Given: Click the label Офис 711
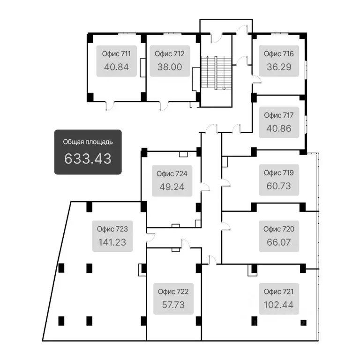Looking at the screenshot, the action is tap(116, 54).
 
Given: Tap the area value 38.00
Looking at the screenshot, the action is tap(170, 67).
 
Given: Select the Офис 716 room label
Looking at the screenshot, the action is tap(279, 54).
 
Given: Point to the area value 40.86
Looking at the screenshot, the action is tap(279, 128).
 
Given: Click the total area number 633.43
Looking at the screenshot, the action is tap(88, 158).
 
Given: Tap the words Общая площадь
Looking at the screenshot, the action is tap(88, 142).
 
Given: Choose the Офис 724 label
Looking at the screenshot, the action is tap(172, 174).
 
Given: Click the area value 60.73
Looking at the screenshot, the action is tap(279, 186).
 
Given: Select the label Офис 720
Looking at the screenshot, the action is tap(279, 229).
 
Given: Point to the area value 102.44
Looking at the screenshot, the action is tap(279, 305).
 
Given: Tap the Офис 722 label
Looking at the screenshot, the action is tap(173, 292).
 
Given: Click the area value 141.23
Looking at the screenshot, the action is tap(112, 242).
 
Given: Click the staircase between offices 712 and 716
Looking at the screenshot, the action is tap(216, 73).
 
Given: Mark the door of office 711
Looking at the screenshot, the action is tap(110, 106).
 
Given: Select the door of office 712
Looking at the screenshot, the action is tap(164, 106).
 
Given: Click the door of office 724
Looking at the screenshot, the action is tap(205, 187).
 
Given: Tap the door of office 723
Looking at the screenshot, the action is tap(151, 238).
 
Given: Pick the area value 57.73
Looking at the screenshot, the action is tap(173, 305).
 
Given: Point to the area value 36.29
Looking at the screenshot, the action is tap(279, 67).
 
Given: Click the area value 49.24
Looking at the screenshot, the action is tap(172, 187).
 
